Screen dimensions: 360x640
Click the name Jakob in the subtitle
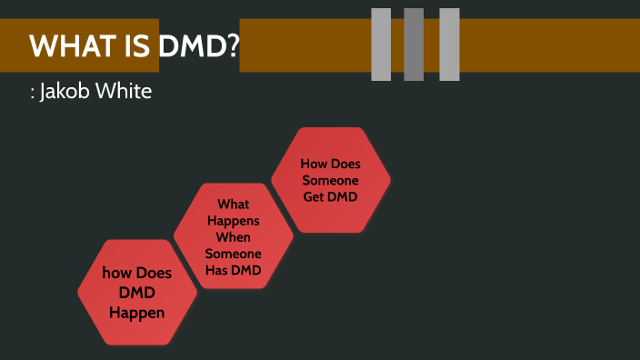(66, 94)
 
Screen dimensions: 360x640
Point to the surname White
(125, 93)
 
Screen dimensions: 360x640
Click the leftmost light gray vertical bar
(381, 44)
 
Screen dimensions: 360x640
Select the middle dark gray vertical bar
(414, 44)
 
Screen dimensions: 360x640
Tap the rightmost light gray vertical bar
(449, 44)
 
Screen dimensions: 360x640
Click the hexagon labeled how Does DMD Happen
(136, 292)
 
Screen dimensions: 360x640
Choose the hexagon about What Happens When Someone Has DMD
(233, 236)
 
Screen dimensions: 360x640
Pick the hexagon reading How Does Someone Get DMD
(331, 179)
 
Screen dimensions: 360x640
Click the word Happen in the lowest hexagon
(136, 314)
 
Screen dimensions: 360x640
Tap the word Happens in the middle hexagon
(234, 221)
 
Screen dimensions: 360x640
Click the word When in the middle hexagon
(234, 237)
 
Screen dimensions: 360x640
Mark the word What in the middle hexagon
(234, 205)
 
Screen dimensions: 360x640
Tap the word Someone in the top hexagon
(331, 180)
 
